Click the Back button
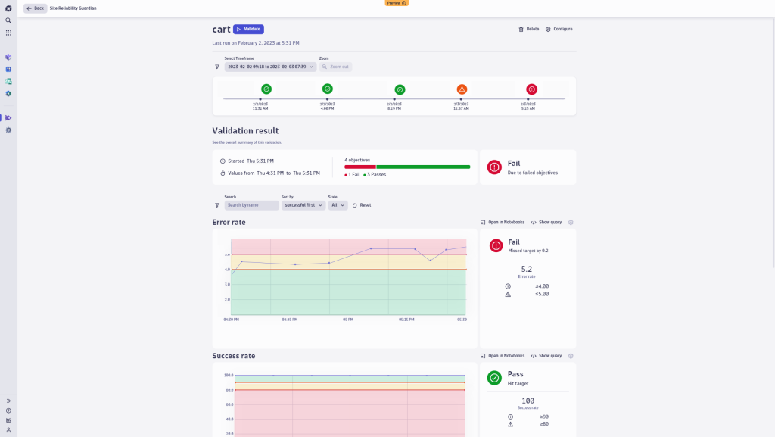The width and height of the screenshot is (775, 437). pyautogui.click(x=35, y=8)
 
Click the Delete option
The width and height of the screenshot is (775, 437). pyautogui.click(x=528, y=29)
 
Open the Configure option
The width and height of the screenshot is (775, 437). pyautogui.click(x=559, y=29)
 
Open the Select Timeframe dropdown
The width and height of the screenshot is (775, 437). pyautogui.click(x=270, y=67)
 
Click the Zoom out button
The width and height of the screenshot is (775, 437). pyautogui.click(x=335, y=67)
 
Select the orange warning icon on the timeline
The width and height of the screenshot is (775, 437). pyautogui.click(x=462, y=89)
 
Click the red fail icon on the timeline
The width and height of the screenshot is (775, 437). pyautogui.click(x=531, y=89)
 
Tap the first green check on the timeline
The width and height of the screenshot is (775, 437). pyautogui.click(x=266, y=89)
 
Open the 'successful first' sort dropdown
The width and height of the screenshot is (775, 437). pyautogui.click(x=303, y=205)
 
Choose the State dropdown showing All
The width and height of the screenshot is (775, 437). pyautogui.click(x=338, y=205)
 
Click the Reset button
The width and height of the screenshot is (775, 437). pyautogui.click(x=362, y=205)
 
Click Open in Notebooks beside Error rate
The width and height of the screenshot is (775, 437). pyautogui.click(x=503, y=223)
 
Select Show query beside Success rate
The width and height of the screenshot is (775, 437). pyautogui.click(x=546, y=356)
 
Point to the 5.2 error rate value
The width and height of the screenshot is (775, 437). pyautogui.click(x=527, y=269)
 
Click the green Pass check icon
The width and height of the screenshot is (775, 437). pyautogui.click(x=494, y=377)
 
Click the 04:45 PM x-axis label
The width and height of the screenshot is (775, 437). pyautogui.click(x=289, y=320)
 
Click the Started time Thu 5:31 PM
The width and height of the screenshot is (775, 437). pyautogui.click(x=260, y=161)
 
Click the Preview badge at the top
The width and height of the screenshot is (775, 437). pyautogui.click(x=397, y=3)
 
